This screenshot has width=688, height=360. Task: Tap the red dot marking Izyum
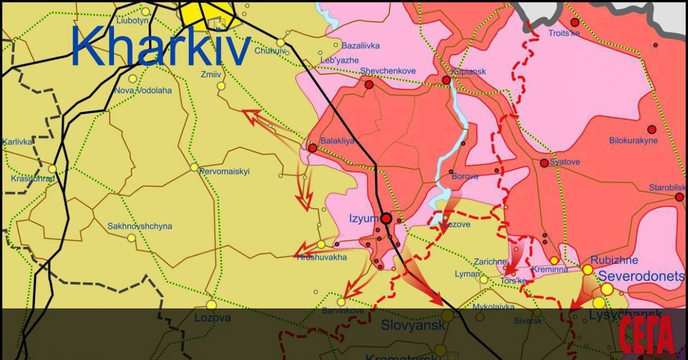point(386,218)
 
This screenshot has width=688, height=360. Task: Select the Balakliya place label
point(337,140)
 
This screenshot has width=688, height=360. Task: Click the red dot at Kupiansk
point(447,80)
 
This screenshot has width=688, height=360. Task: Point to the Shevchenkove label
point(388,71)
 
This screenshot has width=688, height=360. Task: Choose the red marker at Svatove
point(544,163)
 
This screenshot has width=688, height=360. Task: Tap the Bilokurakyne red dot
point(651,130)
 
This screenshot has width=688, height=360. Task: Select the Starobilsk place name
point(667,187)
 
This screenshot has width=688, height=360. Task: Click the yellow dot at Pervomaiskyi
point(194,167)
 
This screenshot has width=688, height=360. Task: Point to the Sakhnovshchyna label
point(139,226)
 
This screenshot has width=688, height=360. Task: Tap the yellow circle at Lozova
point(212,305)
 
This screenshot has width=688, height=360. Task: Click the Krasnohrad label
point(32,179)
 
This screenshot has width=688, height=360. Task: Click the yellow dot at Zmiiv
point(221,86)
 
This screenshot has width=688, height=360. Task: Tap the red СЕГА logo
point(647,336)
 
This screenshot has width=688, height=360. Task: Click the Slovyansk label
point(413,326)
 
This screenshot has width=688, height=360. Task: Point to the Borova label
point(465,177)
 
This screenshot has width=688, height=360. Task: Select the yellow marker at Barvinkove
point(341,302)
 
